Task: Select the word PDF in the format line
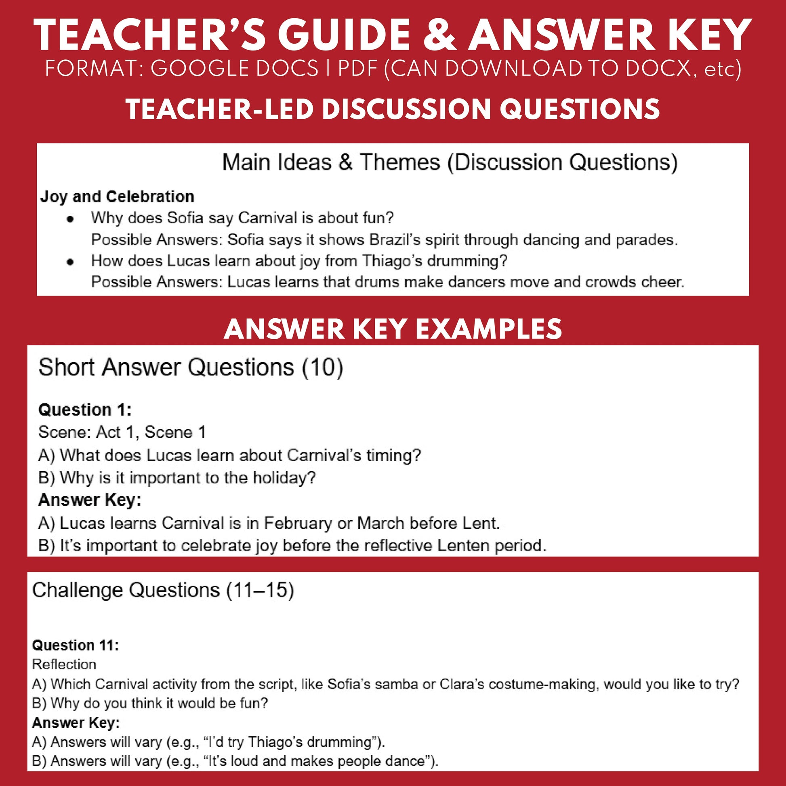click(358, 69)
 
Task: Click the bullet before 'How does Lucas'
click(71, 262)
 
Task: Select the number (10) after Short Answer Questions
click(323, 368)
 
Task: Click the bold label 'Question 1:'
click(85, 410)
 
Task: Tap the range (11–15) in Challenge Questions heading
click(260, 591)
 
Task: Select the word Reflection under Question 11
click(64, 664)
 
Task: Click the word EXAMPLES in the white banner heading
click(489, 329)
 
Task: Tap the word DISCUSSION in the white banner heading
click(406, 109)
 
